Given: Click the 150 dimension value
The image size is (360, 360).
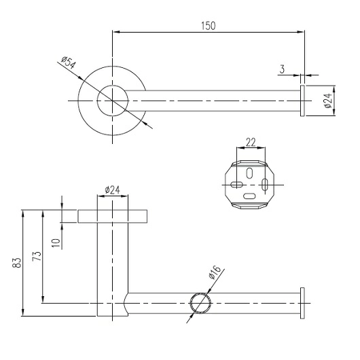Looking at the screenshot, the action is (209, 26).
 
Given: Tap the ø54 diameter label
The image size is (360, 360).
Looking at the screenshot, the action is (68, 62).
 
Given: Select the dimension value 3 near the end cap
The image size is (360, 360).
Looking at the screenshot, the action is (282, 69).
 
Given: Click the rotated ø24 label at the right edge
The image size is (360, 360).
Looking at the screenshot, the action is (329, 101).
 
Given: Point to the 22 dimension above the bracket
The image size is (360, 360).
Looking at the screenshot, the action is (251, 143).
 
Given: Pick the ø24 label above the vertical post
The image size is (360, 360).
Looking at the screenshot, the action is (113, 190).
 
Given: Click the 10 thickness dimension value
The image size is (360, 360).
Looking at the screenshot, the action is (56, 243).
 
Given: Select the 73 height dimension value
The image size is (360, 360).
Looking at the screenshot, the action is (37, 256).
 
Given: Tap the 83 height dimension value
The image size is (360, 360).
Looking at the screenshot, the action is (16, 263).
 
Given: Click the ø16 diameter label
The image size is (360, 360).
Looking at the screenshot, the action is (215, 272).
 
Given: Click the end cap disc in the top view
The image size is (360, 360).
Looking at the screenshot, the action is (302, 101).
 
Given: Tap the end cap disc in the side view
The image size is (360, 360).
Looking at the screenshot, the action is (302, 303).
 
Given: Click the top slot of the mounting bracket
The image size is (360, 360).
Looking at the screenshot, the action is (249, 173).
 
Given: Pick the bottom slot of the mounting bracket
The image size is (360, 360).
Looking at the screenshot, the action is (249, 196).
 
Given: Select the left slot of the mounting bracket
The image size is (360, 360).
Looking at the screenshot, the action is (236, 184).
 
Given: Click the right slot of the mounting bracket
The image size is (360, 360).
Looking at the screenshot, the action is (265, 185).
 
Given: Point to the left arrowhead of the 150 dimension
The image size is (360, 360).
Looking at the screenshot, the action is (115, 32).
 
